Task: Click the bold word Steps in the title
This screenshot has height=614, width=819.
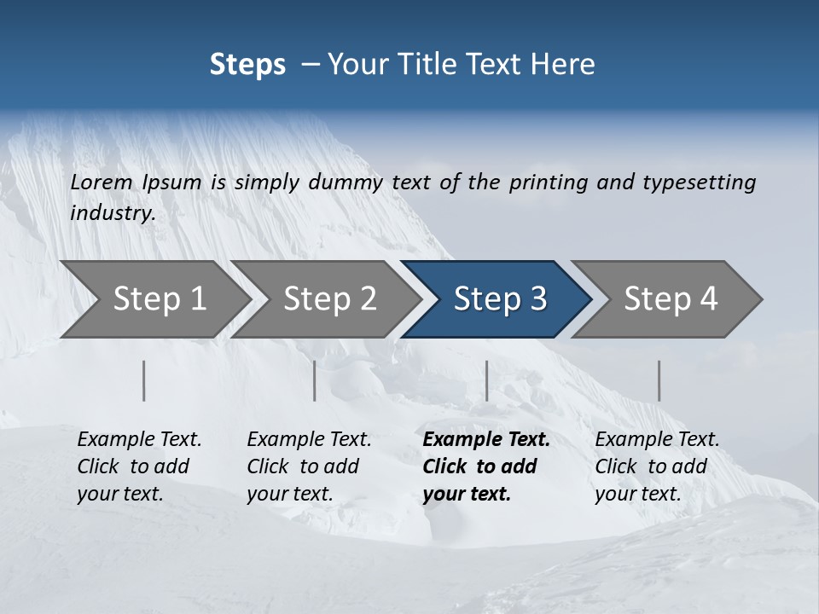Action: [247, 65]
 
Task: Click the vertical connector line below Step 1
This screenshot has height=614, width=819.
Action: [144, 380]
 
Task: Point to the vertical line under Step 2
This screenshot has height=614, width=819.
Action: [315, 380]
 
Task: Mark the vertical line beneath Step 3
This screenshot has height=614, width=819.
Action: [486, 380]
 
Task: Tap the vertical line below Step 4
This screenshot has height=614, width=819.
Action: [659, 380]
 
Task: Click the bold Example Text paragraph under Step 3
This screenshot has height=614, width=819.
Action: [485, 466]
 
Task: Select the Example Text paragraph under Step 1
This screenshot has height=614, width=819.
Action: [138, 466]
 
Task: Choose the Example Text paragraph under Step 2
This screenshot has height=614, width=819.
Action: [308, 466]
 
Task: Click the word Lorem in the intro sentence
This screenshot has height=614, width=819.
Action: [102, 182]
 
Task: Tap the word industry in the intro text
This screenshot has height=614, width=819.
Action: [112, 213]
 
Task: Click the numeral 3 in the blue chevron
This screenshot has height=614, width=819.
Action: [537, 299]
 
